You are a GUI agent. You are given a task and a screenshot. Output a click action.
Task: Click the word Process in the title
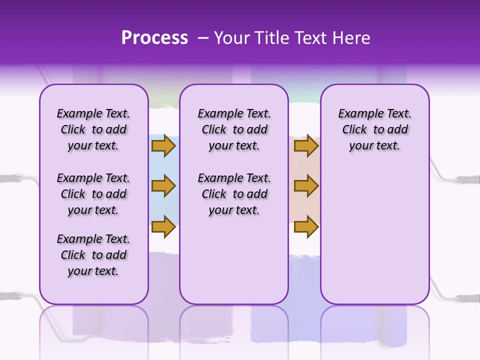tap(154, 38)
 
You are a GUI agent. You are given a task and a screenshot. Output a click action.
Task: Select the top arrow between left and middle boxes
tap(163, 145)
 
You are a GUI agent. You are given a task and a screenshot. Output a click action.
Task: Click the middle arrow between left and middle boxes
tap(163, 186)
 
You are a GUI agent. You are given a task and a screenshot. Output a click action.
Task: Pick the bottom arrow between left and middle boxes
tap(163, 226)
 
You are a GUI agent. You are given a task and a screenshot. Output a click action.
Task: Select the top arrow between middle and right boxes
tap(306, 145)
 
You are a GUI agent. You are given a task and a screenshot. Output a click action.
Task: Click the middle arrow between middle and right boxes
tap(306, 186)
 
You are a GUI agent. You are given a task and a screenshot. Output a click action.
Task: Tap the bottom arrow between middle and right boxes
tap(306, 226)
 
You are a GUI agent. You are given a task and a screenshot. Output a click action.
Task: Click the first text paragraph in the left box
tap(93, 129)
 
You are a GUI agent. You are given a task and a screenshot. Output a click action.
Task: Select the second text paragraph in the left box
tap(93, 194)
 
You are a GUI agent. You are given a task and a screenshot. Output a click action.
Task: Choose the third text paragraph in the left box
tap(93, 255)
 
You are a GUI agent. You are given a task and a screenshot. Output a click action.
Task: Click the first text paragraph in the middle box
tap(234, 129)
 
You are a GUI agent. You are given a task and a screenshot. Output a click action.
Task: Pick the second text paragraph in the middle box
tap(234, 194)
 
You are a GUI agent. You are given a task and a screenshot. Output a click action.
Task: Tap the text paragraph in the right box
tap(374, 129)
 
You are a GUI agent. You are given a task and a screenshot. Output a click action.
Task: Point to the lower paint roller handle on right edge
tap(467, 298)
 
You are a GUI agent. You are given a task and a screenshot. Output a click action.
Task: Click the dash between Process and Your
tap(203, 38)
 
